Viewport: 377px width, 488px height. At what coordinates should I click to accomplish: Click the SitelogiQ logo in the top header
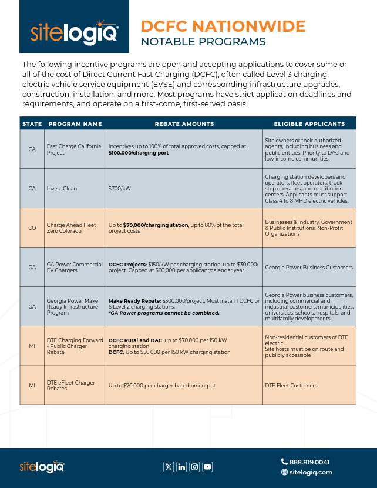point(74,35)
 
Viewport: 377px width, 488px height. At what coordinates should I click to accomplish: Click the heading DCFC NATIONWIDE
point(223,26)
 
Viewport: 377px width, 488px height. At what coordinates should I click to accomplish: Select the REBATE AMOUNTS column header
point(184,124)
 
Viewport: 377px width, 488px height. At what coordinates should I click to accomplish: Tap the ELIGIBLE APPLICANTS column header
point(309,124)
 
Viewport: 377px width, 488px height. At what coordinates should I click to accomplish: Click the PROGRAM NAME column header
point(75,124)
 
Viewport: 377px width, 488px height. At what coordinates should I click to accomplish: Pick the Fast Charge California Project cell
point(74,149)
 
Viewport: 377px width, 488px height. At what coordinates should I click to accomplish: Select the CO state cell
point(32,228)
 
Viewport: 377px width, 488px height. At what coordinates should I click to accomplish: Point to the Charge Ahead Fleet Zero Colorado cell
point(72,228)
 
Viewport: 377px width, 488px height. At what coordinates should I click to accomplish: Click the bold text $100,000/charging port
point(139,153)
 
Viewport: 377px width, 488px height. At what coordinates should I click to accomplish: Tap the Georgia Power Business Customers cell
point(309,267)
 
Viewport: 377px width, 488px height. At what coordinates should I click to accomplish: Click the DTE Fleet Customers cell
point(291,385)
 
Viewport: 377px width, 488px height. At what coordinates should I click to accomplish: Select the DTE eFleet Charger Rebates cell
point(71,385)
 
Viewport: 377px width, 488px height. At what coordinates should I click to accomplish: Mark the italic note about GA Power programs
point(164,313)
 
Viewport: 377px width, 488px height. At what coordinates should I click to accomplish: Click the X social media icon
point(169,467)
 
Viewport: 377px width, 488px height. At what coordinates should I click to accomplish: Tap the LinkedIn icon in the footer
point(181,467)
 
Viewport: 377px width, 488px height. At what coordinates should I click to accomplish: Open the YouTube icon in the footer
point(207,467)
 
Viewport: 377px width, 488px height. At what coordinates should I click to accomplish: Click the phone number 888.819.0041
point(309,462)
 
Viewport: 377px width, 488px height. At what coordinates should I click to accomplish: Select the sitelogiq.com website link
point(311,472)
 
